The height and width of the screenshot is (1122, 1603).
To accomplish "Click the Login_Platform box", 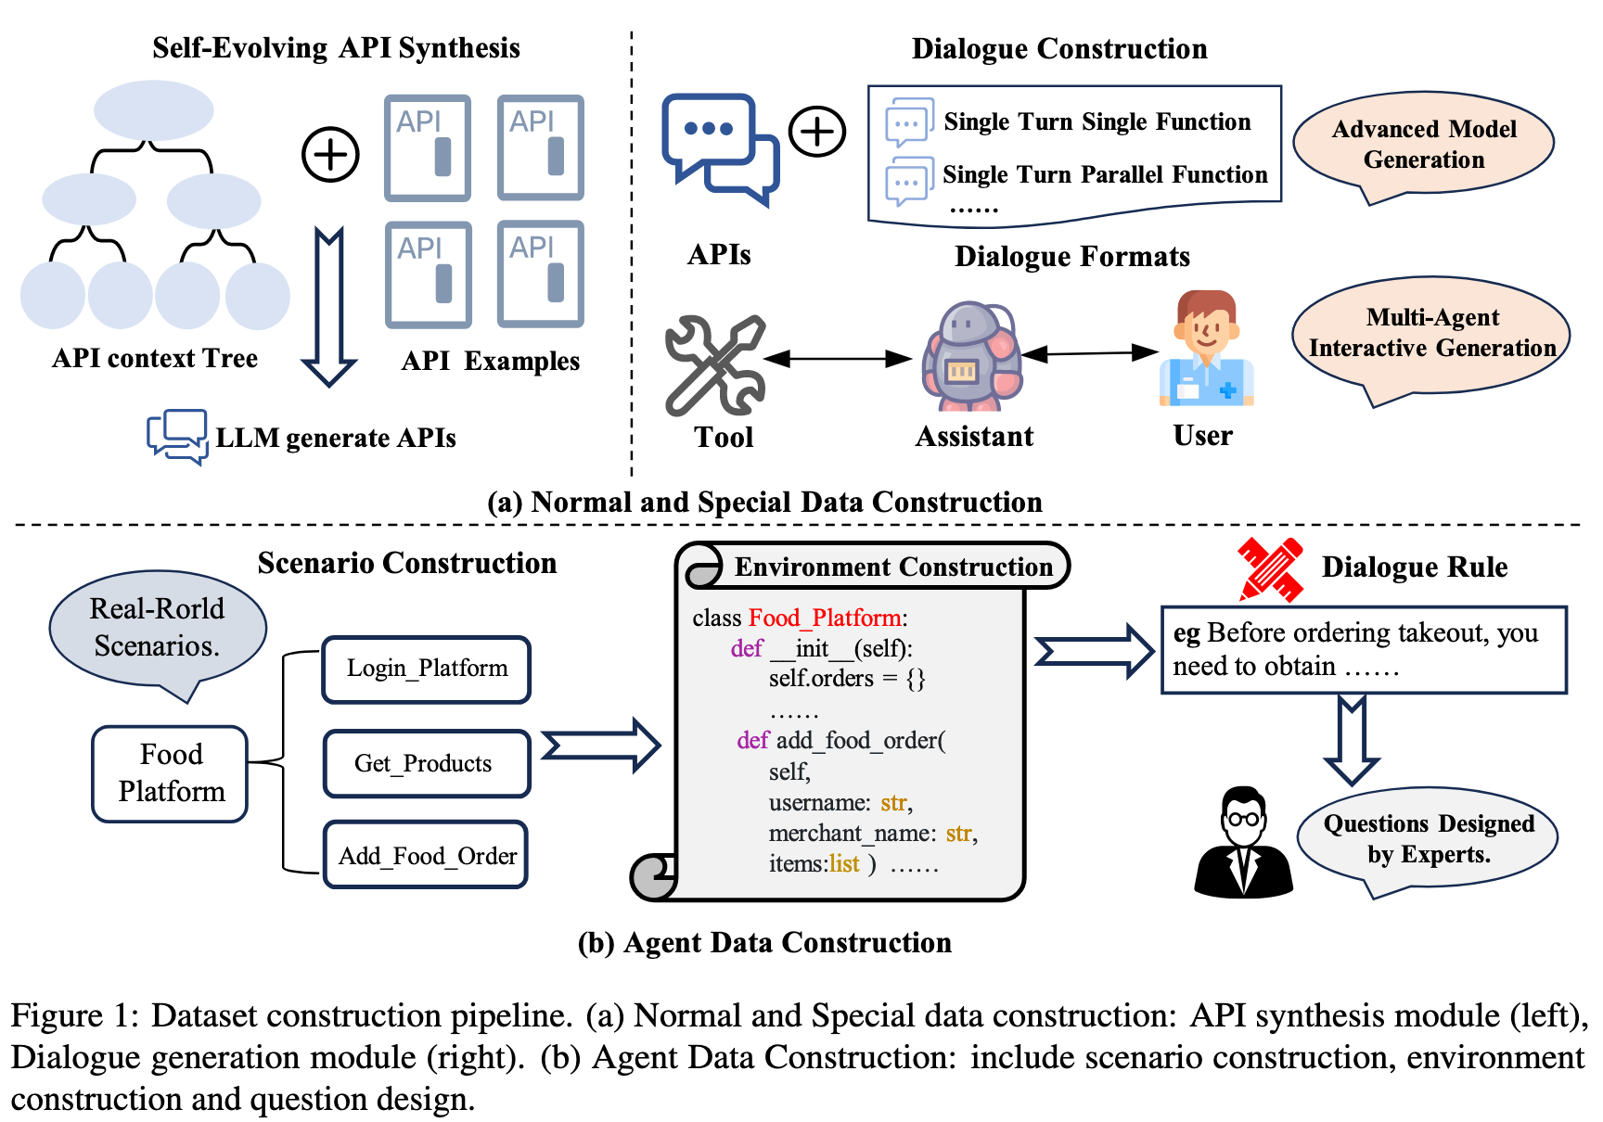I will (427, 669).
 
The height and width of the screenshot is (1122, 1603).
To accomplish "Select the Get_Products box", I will (427, 763).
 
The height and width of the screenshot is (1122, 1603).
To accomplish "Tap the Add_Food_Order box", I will (427, 855).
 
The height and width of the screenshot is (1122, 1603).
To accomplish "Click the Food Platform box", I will (171, 773).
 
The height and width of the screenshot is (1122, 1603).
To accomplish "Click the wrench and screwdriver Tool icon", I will (715, 365).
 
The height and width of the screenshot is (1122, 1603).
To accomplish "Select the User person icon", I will (1206, 350).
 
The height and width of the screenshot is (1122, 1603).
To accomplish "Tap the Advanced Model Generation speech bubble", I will (1423, 145).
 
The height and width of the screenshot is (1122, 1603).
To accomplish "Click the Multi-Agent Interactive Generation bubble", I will (1431, 334).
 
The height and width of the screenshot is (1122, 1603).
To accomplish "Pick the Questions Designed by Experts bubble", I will (1428, 839).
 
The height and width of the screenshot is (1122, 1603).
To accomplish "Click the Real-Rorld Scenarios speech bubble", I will (158, 628).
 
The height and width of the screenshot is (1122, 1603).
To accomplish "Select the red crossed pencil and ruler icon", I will (1270, 568).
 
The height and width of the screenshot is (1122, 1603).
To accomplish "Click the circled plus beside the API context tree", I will (330, 154).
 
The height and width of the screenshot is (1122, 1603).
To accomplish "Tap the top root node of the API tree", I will (154, 110).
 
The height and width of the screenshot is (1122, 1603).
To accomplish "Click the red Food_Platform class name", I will (825, 618).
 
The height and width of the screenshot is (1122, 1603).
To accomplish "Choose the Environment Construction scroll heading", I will (892, 567).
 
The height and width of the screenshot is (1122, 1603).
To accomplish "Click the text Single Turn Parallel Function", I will (1104, 174).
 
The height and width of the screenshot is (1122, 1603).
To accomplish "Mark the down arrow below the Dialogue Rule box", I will (1352, 739).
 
